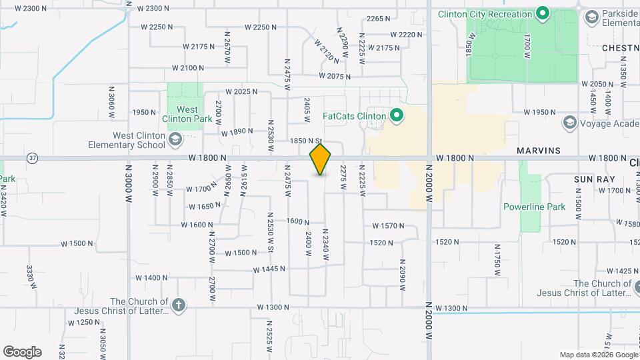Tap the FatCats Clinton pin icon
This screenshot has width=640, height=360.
click(x=397, y=117)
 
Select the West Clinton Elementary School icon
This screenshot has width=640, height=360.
click(x=175, y=139)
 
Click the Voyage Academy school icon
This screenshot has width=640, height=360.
click(x=569, y=122)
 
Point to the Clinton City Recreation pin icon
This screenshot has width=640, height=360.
click(x=543, y=13)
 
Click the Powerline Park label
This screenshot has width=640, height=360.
click(x=534, y=207)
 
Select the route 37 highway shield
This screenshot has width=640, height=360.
click(x=32, y=158)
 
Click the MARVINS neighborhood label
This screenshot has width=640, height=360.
click(x=539, y=151)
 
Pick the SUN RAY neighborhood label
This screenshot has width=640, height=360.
click(x=589, y=180)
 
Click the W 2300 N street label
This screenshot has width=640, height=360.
click(x=31, y=9)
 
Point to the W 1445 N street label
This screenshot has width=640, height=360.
click(x=269, y=269)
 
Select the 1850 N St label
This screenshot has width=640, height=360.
click(x=306, y=141)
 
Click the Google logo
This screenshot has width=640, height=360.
click(x=22, y=352)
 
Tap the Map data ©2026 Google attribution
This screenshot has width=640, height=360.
click(x=598, y=355)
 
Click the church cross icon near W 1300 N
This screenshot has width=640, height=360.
click(x=177, y=305)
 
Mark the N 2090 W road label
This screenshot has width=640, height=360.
click(x=403, y=275)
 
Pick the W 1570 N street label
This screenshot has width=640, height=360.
click(x=389, y=226)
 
